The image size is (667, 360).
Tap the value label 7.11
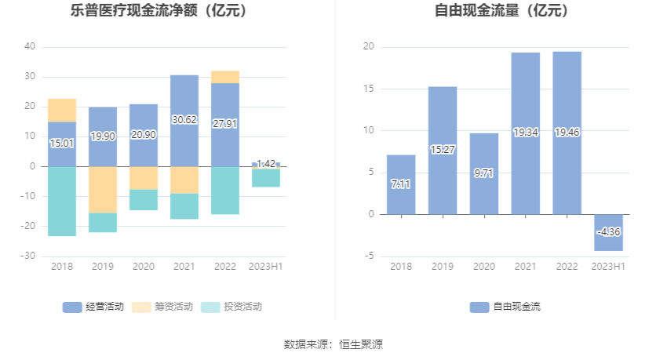(x=401, y=184)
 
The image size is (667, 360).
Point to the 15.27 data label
(x=443, y=150)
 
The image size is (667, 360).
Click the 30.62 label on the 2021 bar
(x=184, y=120)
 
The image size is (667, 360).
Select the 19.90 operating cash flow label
(x=103, y=136)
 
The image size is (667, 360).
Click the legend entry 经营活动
(x=93, y=307)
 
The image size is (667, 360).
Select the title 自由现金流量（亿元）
(x=502, y=11)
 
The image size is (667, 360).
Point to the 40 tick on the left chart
(x=30, y=46)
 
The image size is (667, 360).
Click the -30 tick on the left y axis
(x=28, y=256)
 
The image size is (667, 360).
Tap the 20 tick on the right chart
(x=368, y=47)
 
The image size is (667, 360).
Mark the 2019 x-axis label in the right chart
(x=443, y=267)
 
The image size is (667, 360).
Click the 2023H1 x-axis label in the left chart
(x=266, y=267)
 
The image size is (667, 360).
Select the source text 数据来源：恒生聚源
(x=333, y=344)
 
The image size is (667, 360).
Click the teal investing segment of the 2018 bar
(x=62, y=201)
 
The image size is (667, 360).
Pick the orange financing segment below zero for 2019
(x=103, y=189)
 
